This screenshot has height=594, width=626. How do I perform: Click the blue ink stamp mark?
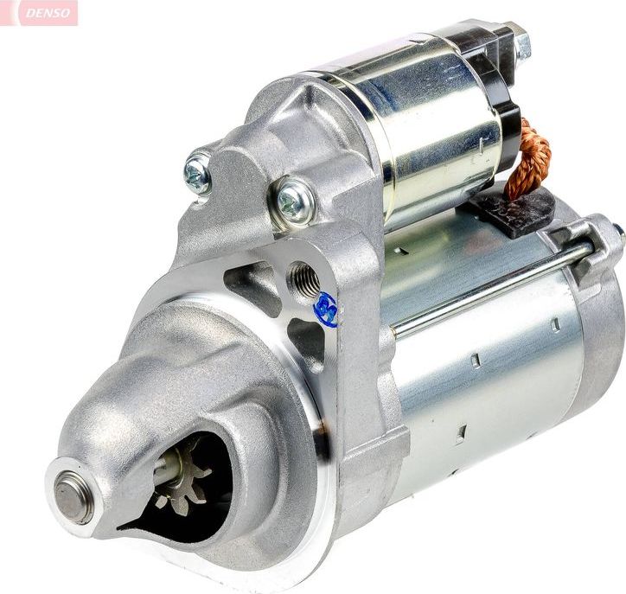[326, 309]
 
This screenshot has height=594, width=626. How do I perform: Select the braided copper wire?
[529, 161]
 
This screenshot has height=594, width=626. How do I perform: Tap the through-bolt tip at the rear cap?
[618, 232]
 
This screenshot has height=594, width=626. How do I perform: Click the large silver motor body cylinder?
[484, 380]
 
